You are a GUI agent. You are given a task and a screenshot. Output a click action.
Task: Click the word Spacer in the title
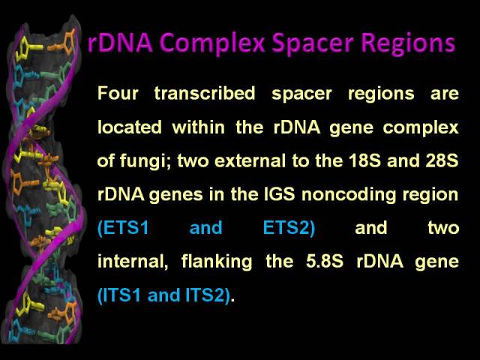tap(313, 43)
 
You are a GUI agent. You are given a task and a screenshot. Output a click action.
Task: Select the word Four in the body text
tap(118, 93)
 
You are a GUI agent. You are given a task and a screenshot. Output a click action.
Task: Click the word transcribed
tap(205, 93)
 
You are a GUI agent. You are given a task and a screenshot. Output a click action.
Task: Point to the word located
tap(130, 127)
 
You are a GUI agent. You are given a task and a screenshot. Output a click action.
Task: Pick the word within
tap(199, 127)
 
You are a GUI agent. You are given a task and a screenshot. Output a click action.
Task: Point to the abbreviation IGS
tap(280, 194)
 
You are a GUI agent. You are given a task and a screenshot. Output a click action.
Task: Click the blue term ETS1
tap(123, 228)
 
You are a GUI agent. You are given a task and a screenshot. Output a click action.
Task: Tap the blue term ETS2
tap(289, 228)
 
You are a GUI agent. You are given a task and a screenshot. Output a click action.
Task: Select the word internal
tap(133, 262)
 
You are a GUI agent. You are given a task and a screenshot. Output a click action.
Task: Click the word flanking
tap(217, 262)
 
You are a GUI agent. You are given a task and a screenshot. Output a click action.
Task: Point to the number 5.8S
tap(325, 262)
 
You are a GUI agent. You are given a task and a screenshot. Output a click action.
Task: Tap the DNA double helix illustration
tap(43, 181)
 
